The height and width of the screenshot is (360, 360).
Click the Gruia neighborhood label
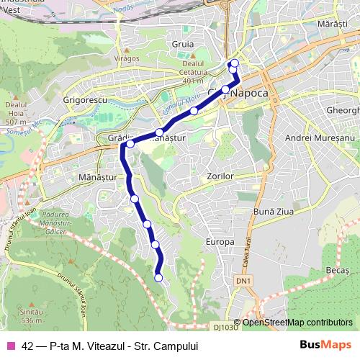coord(184,44)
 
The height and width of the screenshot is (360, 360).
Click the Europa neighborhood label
coord(221,242)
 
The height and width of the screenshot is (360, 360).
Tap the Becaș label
coord(337,268)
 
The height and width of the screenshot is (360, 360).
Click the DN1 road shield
coord(245,280)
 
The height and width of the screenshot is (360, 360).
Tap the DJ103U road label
coord(225,328)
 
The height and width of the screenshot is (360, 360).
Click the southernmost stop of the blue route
coord(158,277)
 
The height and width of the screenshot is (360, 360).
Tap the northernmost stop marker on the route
coord(234,63)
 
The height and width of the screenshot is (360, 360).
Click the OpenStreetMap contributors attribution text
coord(297,322)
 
